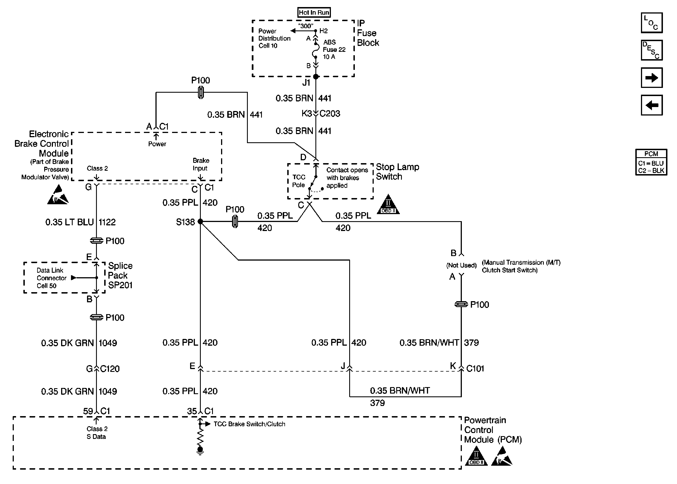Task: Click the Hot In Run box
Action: coord(314,12)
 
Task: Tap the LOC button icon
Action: coord(651,23)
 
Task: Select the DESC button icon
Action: coord(651,50)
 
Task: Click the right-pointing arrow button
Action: coord(651,78)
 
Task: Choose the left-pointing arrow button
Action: coord(651,105)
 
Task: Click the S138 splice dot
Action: coord(201,221)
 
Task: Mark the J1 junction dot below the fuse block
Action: coord(316,77)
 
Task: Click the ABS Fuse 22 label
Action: coord(334,49)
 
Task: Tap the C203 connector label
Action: coord(329,114)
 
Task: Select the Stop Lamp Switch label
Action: coord(397,172)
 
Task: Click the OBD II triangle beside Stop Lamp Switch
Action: coord(388,205)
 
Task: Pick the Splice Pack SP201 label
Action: coord(120,275)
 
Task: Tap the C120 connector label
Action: coord(110,369)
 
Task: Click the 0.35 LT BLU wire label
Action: coord(69,222)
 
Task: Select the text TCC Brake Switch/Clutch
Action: coord(249,424)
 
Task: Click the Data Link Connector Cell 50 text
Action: coord(51,278)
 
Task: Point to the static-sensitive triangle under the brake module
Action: coord(58,195)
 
